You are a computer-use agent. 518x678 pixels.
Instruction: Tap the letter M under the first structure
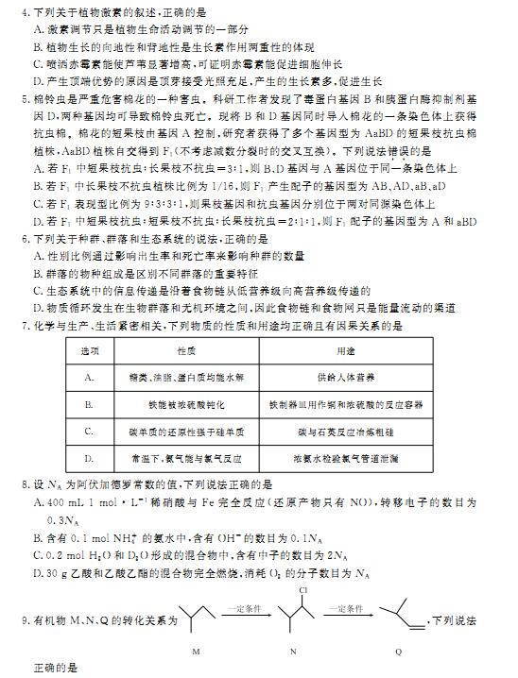coord(196,652)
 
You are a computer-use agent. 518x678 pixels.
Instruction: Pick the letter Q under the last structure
coord(398,652)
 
